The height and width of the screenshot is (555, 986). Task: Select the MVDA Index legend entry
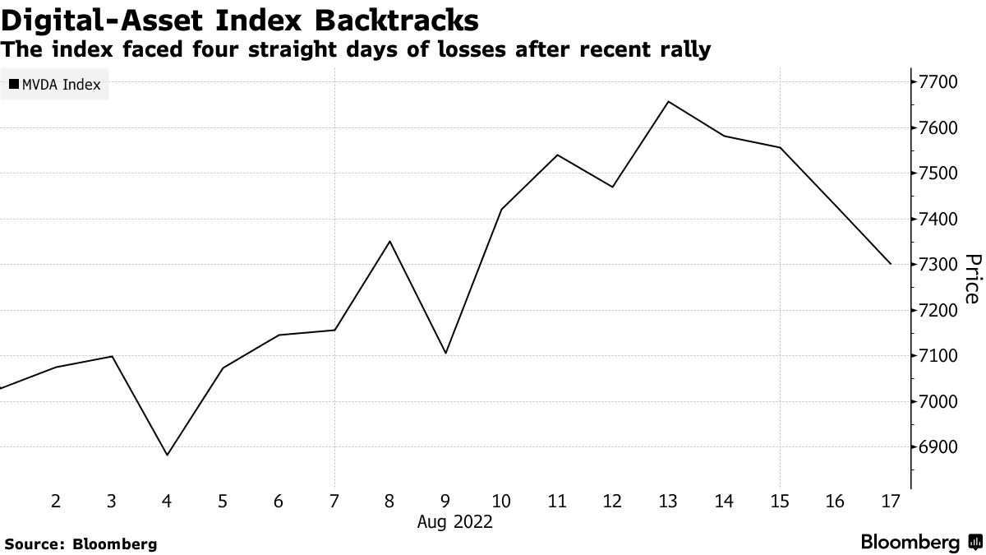[x=54, y=85]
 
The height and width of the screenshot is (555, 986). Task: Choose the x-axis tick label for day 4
[x=167, y=501]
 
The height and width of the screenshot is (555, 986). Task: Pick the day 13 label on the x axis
[x=668, y=501]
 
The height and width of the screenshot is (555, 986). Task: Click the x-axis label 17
[x=891, y=501]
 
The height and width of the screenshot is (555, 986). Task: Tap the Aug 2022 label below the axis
[x=457, y=521]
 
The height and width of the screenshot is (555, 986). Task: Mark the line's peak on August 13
[x=668, y=102]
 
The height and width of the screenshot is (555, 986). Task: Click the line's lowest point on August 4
[x=167, y=456]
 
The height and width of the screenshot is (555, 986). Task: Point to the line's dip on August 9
[x=445, y=354]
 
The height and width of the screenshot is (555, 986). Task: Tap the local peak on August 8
[x=389, y=241]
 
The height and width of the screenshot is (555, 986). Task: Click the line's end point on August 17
[x=891, y=264]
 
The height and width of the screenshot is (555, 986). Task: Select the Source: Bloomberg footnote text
[x=80, y=543]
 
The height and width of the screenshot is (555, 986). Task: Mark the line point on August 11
[x=557, y=155]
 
